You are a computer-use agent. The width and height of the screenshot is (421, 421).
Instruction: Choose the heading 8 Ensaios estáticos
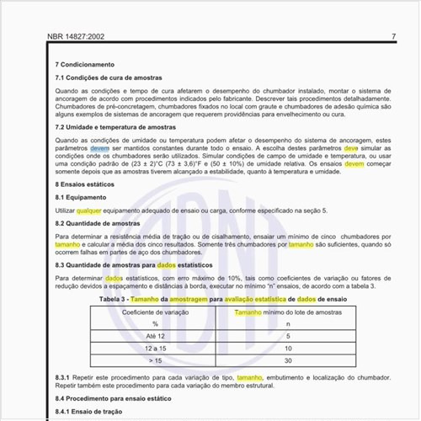click(85, 183)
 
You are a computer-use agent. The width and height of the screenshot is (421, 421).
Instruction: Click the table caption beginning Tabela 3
click(222, 299)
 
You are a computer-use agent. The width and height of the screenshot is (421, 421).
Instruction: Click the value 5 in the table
click(288, 336)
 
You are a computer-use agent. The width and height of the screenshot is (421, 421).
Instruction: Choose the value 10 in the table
click(288, 348)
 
